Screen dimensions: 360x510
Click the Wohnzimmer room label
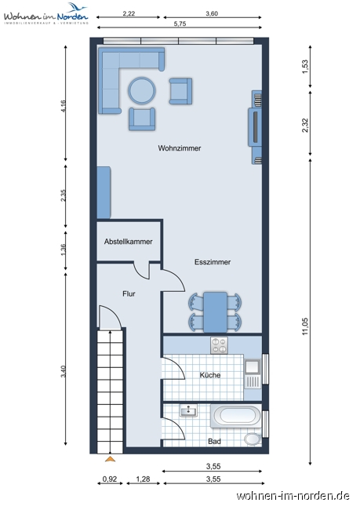180,148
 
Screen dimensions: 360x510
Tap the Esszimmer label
213,262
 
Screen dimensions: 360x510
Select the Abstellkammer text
129,242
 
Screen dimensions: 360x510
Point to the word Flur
129,293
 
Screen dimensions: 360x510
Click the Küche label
210,375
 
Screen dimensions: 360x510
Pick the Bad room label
214,442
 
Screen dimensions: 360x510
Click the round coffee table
142,90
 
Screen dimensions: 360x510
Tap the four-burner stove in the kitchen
219,345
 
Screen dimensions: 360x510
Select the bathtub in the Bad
236,416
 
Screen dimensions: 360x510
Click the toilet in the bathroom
253,439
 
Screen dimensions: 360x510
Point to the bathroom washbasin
188,411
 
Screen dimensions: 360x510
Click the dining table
215,312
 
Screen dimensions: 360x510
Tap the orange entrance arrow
111,459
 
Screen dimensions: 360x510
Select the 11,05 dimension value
305,326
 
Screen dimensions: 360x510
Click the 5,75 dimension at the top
180,24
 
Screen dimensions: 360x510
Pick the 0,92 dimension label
110,479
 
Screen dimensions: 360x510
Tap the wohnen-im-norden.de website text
293,496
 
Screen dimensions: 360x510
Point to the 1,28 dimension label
143,479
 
